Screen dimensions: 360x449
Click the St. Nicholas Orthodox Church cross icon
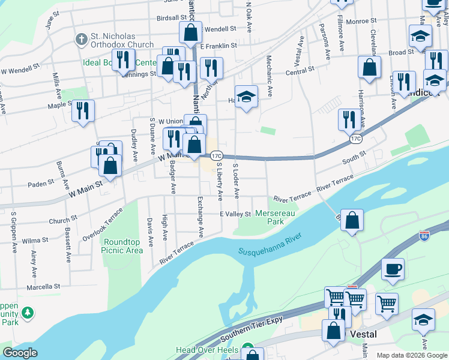click(81, 40)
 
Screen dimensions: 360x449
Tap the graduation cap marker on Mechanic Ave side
click(246, 97)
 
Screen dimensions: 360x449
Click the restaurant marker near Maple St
click(83, 110)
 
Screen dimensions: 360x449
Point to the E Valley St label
click(235, 214)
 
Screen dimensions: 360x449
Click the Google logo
click(20, 352)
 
